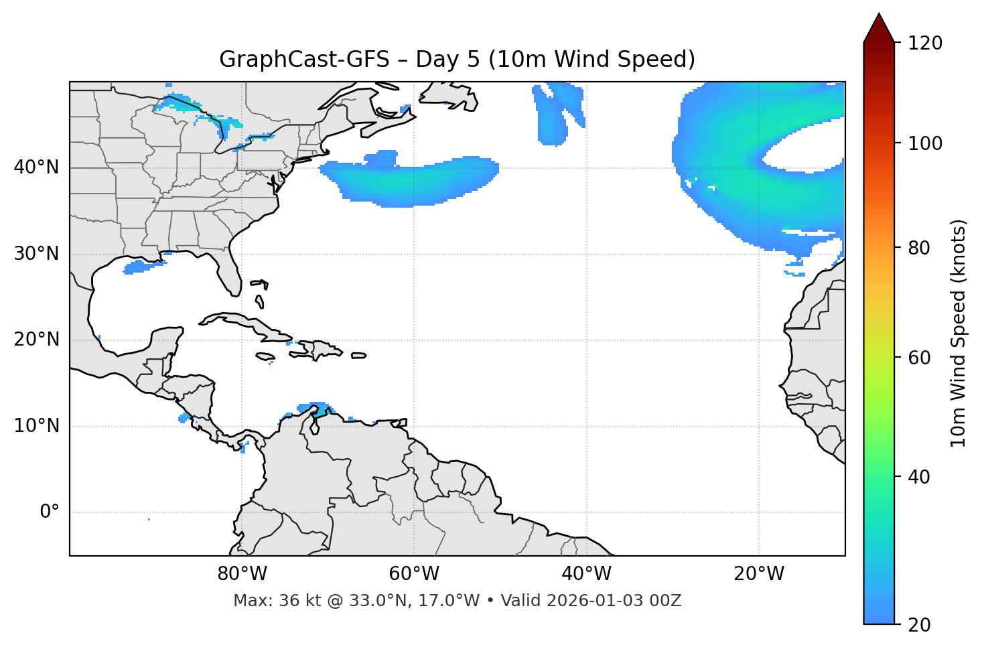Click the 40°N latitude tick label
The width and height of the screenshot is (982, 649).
click(36, 167)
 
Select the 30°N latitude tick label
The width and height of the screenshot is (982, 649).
click(36, 254)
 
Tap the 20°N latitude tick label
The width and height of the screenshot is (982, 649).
click(36, 340)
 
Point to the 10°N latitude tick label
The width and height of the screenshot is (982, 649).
click(36, 426)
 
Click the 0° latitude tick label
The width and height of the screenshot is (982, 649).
click(50, 512)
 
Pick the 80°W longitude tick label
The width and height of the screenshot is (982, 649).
click(242, 574)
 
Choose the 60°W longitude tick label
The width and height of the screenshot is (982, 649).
click(414, 574)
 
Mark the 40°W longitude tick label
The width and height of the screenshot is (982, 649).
click(586, 574)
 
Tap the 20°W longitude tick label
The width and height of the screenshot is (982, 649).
click(759, 574)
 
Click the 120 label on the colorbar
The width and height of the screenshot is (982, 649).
click(926, 44)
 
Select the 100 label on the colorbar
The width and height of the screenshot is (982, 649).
click(926, 143)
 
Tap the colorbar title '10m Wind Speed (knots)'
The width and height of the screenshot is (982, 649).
click(959, 334)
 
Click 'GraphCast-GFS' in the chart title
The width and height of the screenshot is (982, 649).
click(304, 60)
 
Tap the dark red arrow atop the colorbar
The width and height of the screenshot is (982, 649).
click(879, 28)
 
